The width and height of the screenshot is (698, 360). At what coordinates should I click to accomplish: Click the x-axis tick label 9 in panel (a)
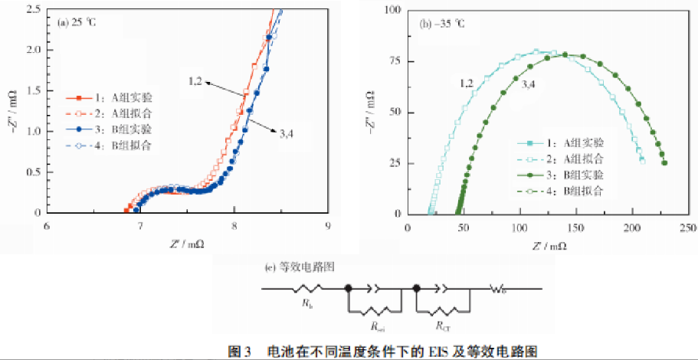(x=328, y=227)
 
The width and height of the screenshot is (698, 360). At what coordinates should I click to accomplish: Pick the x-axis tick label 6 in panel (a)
(x=47, y=227)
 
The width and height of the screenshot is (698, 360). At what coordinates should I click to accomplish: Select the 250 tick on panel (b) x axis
(x=687, y=227)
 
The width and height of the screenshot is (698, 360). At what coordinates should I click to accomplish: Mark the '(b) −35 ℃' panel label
(x=442, y=24)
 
